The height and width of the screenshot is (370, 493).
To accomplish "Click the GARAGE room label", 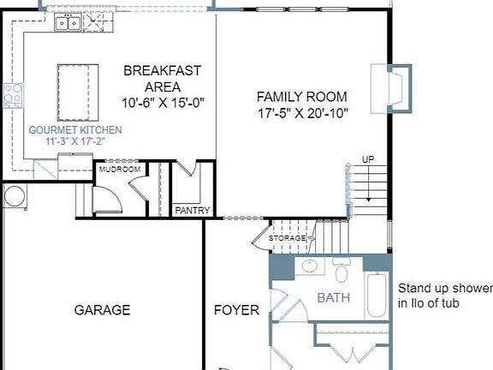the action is click(x=102, y=310).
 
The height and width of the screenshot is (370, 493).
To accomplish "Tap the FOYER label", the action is click(x=236, y=310).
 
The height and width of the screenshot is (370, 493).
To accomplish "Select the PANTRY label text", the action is click(x=192, y=211).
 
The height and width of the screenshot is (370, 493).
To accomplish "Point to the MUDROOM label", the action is click(x=120, y=170).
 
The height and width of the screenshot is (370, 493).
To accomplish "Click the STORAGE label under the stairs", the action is click(x=287, y=238).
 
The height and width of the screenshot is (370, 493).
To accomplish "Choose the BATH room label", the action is click(x=333, y=298).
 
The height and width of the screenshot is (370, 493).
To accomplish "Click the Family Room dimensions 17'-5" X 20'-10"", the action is click(x=303, y=113).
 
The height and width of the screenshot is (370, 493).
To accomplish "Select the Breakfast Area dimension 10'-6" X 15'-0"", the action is click(x=163, y=103).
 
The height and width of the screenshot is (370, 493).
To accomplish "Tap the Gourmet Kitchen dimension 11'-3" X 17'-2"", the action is click(x=74, y=141).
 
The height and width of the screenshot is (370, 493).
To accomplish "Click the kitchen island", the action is click(x=78, y=92).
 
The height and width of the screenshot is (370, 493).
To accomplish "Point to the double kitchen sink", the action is click(x=68, y=22).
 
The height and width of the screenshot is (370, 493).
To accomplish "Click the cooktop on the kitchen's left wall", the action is click(x=13, y=96).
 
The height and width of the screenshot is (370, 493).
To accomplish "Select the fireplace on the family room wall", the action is click(x=391, y=88).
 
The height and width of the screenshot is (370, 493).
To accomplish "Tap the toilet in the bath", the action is click(x=342, y=271).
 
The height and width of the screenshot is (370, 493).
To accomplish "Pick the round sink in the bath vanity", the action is click(x=310, y=266).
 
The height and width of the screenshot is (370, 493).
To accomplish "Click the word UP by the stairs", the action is click(x=368, y=159).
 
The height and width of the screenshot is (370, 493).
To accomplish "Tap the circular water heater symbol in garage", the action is click(x=15, y=195).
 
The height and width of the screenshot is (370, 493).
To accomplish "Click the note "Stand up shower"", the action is click(x=445, y=288).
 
